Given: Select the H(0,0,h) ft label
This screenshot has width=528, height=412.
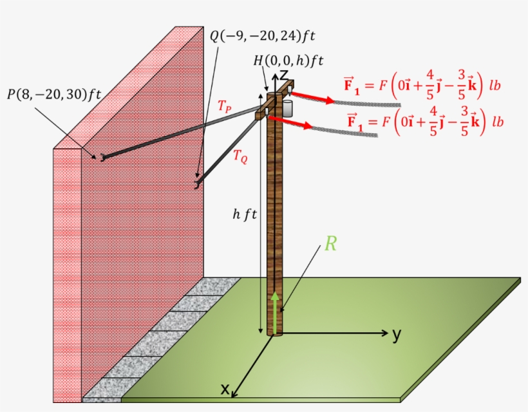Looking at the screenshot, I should [x=288, y=61].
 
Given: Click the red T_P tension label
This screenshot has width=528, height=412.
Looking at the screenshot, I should [x=225, y=108].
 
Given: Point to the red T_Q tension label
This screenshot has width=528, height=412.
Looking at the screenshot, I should [x=240, y=156].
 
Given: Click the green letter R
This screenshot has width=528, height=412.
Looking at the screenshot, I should [x=330, y=243].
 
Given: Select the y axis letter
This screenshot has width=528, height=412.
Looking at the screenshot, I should [x=397, y=333].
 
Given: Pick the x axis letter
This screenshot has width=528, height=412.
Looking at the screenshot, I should [x=225, y=389].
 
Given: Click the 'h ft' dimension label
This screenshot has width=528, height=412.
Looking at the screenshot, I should [x=245, y=214].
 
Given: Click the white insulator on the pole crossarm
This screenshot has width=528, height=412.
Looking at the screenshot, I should [x=287, y=106].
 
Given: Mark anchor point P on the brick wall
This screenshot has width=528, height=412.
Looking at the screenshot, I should [x=101, y=157].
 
